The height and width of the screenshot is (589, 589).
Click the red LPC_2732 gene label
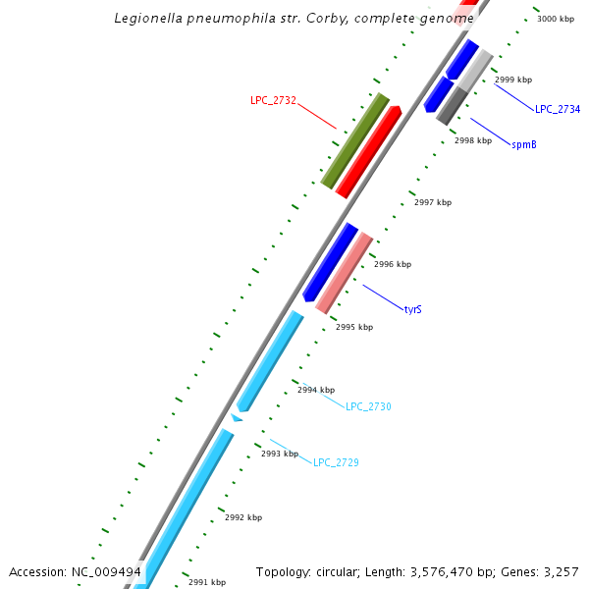coord(273,100)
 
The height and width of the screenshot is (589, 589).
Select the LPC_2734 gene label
coord(558,109)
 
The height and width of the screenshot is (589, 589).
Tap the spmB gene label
coord(523,144)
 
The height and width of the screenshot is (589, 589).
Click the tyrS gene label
coord(413,309)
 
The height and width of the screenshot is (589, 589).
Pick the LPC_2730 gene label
coord(368,406)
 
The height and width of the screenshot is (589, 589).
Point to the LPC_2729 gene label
coord(336,461)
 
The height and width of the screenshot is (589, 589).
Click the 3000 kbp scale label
coord(556,19)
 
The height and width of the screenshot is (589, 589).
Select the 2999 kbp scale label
coord(513,80)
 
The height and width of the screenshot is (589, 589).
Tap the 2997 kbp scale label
coord(433,202)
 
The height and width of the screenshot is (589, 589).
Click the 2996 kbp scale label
coord(393,264)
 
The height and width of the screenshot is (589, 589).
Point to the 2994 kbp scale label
coord(316,390)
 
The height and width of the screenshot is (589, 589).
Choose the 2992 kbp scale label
coord(243,517)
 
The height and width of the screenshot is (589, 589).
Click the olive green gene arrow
coord(354,140)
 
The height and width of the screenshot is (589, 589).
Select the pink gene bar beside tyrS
coord(344,273)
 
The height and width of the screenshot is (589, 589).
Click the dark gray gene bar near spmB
coord(452,105)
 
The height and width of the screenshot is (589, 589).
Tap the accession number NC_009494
coord(106,571)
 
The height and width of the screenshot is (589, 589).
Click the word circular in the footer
coord(340,571)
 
